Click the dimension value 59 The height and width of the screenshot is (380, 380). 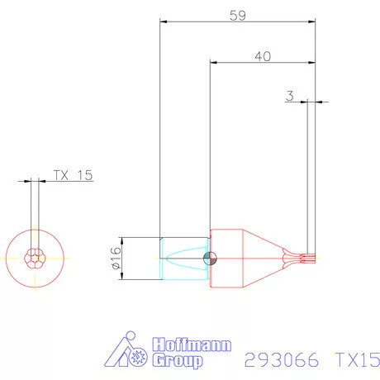[x=237, y=14]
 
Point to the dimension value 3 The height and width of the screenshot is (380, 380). [x=289, y=96]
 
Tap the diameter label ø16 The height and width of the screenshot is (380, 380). [x=115, y=258]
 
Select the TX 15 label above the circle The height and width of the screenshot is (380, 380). [x=73, y=175]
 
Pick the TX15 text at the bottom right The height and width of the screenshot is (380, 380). [x=357, y=360]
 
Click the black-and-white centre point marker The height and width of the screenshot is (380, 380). [x=210, y=258]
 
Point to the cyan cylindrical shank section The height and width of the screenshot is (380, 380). [x=182, y=258]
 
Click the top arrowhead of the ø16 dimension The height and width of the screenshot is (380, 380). [x=122, y=240]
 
